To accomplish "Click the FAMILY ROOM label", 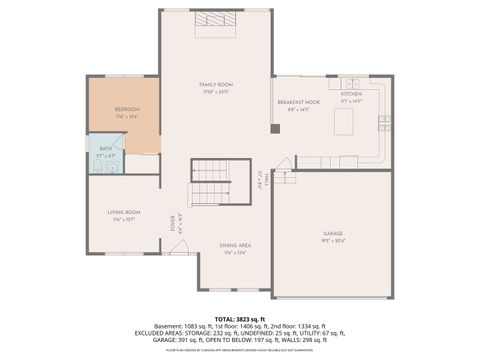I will click(x=216, y=86).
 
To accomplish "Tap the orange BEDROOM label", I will click(x=126, y=108).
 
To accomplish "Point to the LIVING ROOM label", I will click(x=124, y=212).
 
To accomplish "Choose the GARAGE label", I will click(x=332, y=232).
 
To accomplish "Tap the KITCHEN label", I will click(x=351, y=94).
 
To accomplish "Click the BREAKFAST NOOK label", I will click(x=298, y=103).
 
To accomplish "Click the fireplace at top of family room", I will click(x=216, y=25).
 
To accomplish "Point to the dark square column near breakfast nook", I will click(x=275, y=128).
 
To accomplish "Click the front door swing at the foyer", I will click(x=180, y=247).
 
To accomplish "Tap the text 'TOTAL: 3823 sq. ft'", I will click(x=239, y=317).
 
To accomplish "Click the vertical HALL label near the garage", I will click(x=265, y=181).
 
